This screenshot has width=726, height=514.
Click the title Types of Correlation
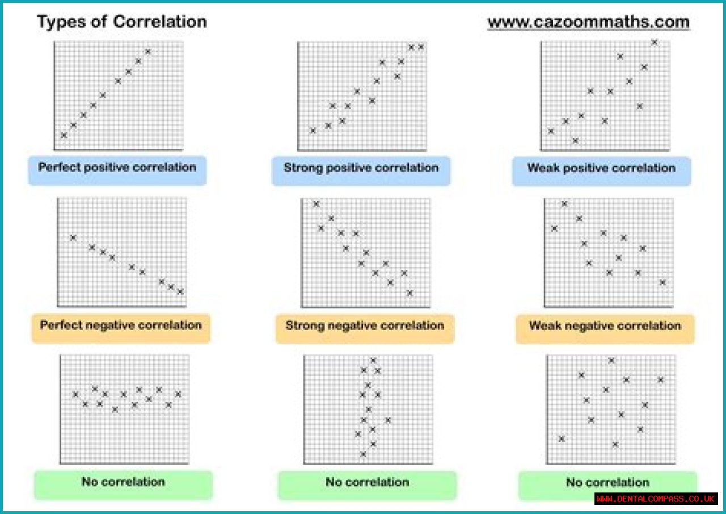(x=122, y=22)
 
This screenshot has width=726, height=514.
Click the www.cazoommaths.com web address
(x=588, y=22)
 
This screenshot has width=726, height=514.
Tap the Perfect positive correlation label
(x=117, y=168)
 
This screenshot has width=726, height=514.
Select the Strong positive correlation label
(x=361, y=168)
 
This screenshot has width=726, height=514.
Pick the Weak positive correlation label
(x=601, y=168)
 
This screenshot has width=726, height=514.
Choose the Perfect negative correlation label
(x=121, y=325)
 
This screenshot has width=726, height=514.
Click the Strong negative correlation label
(x=365, y=326)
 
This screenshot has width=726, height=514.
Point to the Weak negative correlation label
(x=605, y=326)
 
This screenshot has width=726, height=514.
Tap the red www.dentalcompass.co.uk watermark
(x=656, y=499)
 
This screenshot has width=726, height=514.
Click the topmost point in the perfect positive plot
(x=149, y=52)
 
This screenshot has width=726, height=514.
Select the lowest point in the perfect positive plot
(x=64, y=135)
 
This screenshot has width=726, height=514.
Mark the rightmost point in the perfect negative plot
(x=180, y=291)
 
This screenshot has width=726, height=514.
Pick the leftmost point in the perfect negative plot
(x=73, y=237)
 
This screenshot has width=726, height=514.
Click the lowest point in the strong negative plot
(x=410, y=293)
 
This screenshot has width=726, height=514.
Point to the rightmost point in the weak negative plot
(x=662, y=282)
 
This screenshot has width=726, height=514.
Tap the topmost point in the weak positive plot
(x=654, y=42)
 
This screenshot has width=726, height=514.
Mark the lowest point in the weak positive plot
(x=576, y=140)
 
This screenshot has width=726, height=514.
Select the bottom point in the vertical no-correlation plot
(x=363, y=454)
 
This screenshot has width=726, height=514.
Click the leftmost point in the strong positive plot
(x=313, y=131)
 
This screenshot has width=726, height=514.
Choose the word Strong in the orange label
(x=304, y=326)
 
